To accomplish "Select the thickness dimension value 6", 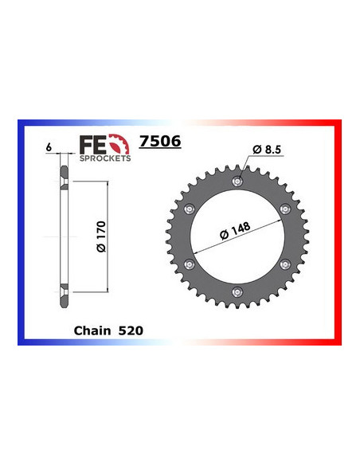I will click(49, 147).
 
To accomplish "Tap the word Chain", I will click(93, 328).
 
